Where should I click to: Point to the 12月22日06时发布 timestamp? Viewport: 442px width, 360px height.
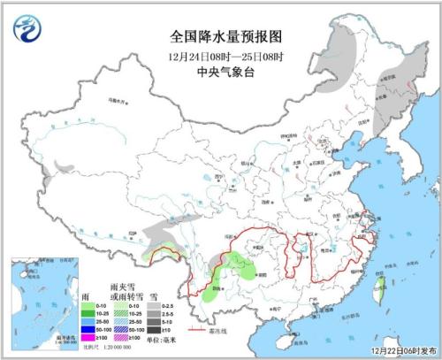(399, 350)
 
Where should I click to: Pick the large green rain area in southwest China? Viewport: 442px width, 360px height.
(234, 266)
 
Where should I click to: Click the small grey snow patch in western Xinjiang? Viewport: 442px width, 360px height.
(63, 165)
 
